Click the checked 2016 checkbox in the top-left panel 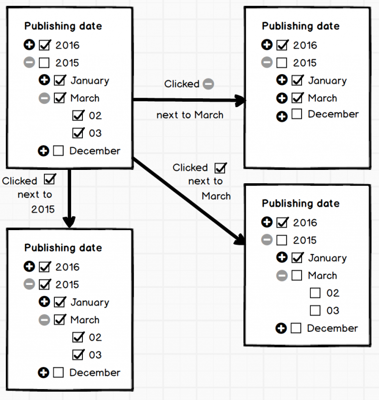click(x=44, y=45)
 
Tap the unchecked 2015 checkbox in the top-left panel click(x=44, y=63)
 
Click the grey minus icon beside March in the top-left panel click(x=44, y=98)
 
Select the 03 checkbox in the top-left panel click(x=78, y=133)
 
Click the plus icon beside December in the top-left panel click(x=43, y=151)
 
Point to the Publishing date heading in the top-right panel click(x=301, y=26)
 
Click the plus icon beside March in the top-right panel click(x=282, y=98)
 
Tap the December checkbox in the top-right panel click(x=297, y=115)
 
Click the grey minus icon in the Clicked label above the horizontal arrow click(x=208, y=84)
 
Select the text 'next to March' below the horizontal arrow click(x=190, y=115)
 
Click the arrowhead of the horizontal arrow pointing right click(x=241, y=101)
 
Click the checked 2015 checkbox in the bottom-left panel click(x=44, y=284)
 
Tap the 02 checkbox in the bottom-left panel click(x=78, y=337)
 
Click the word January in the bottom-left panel click(x=89, y=302)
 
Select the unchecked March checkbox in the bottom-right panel click(x=297, y=276)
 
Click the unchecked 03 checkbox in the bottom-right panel click(x=315, y=311)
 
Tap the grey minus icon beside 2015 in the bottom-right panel click(x=266, y=240)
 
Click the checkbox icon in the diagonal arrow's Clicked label click(x=220, y=168)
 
